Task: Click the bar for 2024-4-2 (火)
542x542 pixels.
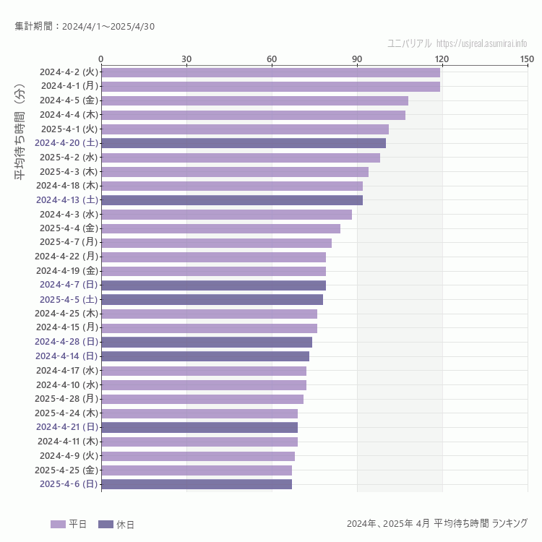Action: (x=270, y=72)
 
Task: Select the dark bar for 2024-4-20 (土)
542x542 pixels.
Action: (x=244, y=143)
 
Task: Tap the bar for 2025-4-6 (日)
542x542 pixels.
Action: (x=197, y=484)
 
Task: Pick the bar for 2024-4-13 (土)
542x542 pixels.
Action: (x=232, y=200)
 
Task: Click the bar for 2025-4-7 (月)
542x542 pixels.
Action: (x=216, y=243)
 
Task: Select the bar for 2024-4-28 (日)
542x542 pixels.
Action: (x=207, y=342)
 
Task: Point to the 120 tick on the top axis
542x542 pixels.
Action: (x=442, y=59)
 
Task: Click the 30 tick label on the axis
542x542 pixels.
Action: (x=186, y=59)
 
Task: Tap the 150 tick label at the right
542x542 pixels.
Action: (x=527, y=59)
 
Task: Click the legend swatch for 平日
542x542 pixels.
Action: (x=58, y=524)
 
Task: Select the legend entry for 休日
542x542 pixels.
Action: (x=116, y=524)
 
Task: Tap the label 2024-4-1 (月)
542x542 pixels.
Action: (x=69, y=86)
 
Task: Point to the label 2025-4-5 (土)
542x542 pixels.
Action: (x=69, y=299)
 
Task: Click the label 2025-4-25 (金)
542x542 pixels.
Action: (x=69, y=470)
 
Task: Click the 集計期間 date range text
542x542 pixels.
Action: (x=85, y=27)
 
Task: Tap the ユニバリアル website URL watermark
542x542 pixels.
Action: (x=481, y=43)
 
